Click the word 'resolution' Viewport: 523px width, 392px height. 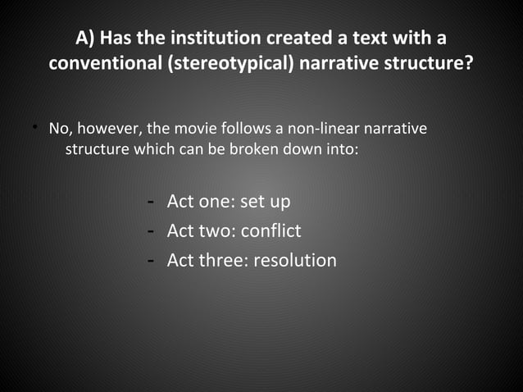click(295, 261)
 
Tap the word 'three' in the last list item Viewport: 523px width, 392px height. click(223, 261)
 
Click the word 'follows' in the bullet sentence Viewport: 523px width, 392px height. click(239, 130)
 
